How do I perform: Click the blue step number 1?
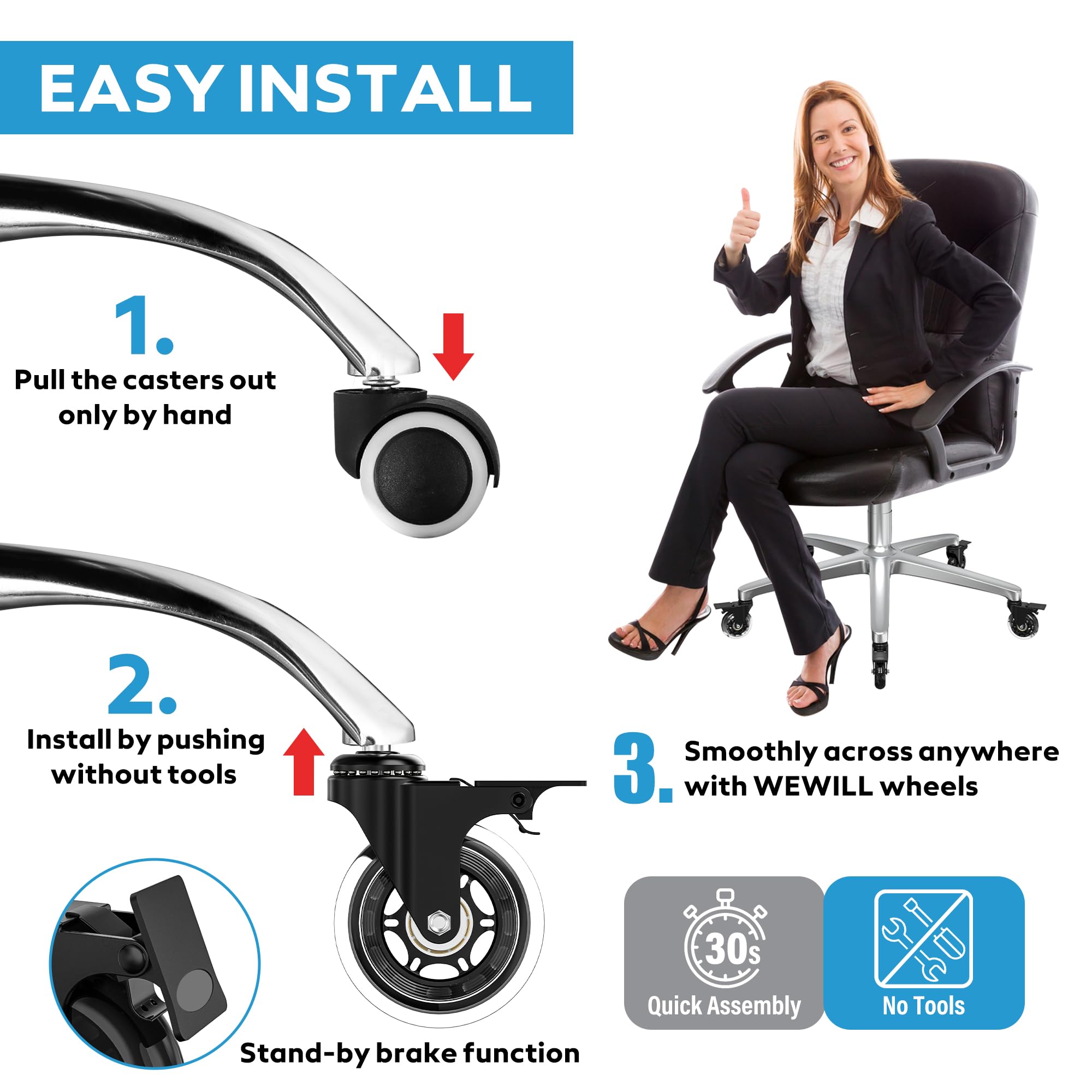tap(145, 326)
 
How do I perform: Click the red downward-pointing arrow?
tap(453, 346)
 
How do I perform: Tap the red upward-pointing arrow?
tap(304, 762)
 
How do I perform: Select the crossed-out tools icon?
tap(924, 938)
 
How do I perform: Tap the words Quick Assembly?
tap(724, 1007)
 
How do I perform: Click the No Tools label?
tap(924, 1006)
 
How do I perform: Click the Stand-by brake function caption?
tap(410, 1053)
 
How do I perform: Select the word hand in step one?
tap(197, 415)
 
